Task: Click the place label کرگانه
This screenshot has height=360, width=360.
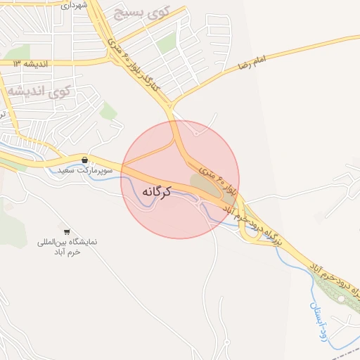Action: coord(157,191)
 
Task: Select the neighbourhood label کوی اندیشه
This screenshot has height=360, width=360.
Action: coord(39,91)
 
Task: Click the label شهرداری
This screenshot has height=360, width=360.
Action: coord(74,6)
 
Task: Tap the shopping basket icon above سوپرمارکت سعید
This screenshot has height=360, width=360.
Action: coord(85,160)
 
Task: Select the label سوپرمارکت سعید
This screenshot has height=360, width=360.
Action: coord(77,170)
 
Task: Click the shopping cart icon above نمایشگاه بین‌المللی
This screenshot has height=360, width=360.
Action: coord(67,231)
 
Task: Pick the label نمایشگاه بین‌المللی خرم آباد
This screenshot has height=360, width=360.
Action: coord(67,246)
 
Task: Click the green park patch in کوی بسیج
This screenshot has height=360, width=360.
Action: coord(167,44)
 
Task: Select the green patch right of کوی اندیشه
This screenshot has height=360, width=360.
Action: coord(108,110)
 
